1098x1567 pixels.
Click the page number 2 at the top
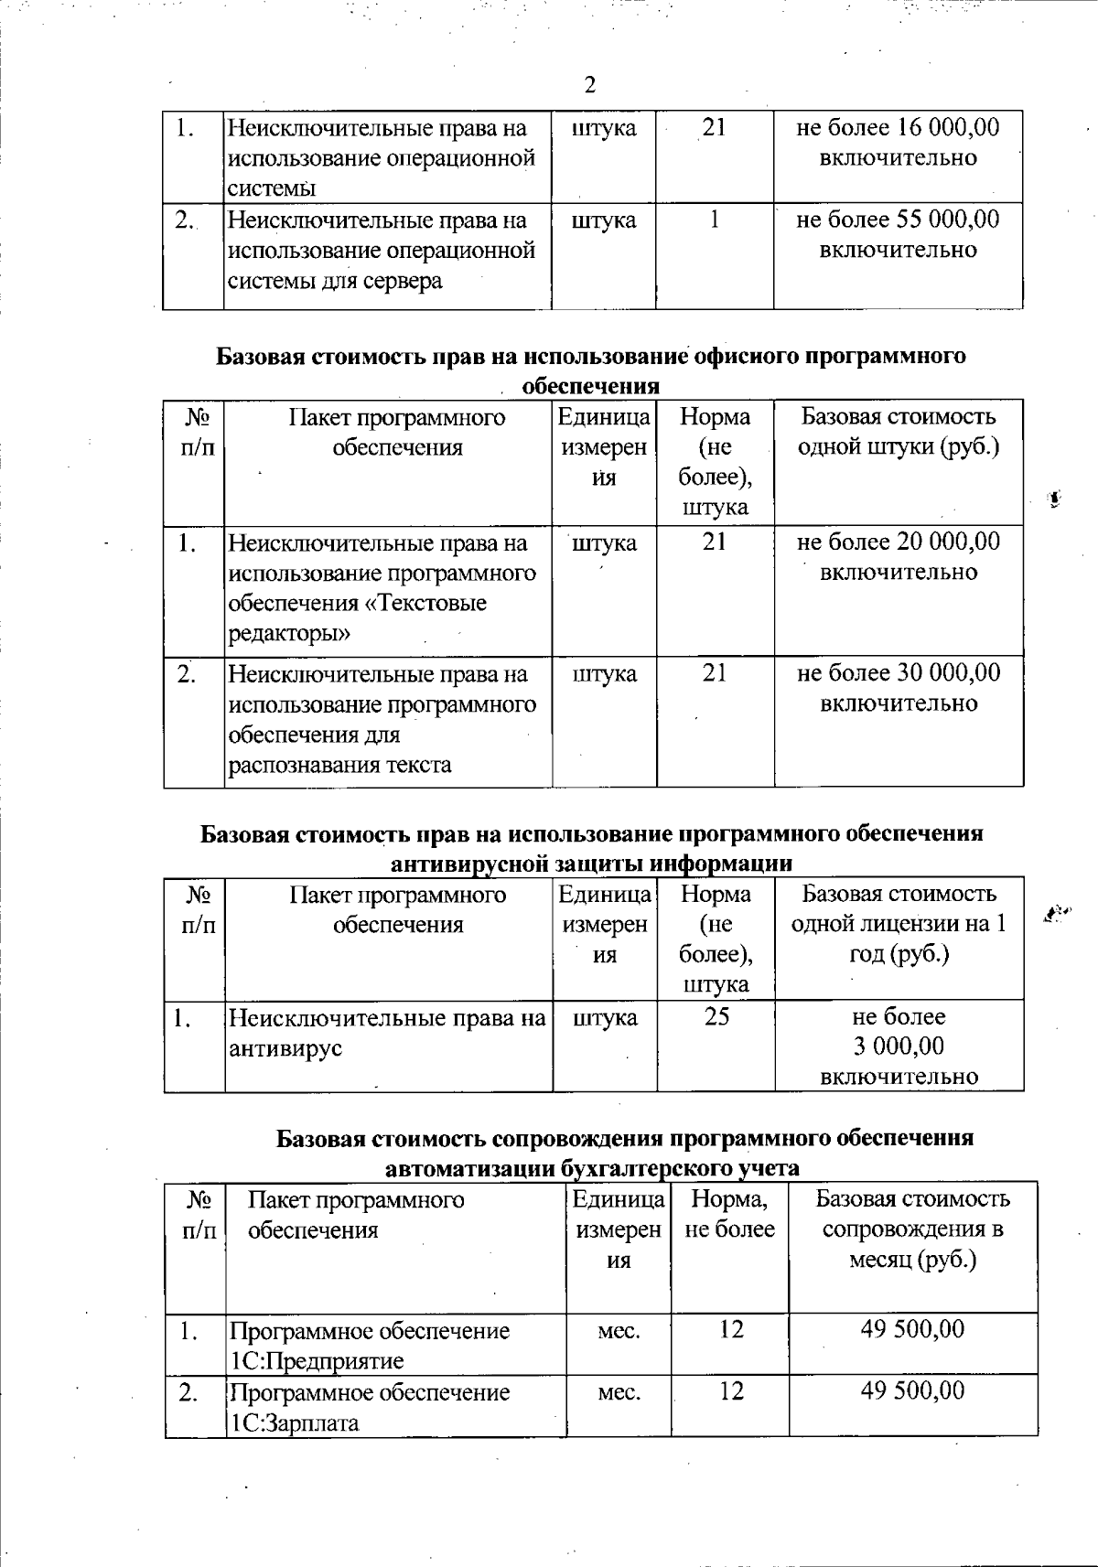pyautogui.click(x=589, y=85)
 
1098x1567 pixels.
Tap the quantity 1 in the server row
pyautogui.click(x=715, y=220)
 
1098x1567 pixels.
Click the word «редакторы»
pyautogui.click(x=289, y=633)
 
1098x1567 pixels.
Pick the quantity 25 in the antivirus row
pyautogui.click(x=716, y=1016)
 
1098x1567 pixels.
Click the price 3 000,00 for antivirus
pyautogui.click(x=899, y=1046)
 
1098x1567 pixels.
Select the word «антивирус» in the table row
pyautogui.click(x=285, y=1047)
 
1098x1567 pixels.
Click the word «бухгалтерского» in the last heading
pyautogui.click(x=637, y=1168)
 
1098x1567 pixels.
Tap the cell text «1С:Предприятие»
pyautogui.click(x=316, y=1360)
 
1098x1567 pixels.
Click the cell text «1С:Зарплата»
pyautogui.click(x=295, y=1423)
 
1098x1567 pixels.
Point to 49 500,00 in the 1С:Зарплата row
pyautogui.click(x=912, y=1391)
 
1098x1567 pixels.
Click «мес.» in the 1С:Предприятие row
pyautogui.click(x=619, y=1330)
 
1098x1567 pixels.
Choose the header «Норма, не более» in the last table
pyautogui.click(x=729, y=1214)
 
